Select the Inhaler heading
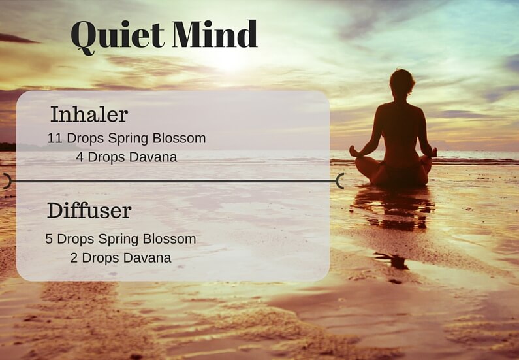point(89,114)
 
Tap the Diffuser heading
point(89,210)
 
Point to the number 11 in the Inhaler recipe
point(54,139)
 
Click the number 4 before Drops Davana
point(80,157)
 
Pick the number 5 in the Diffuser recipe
point(49,239)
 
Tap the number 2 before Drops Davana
point(74,257)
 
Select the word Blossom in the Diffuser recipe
point(171,239)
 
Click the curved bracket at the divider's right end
point(339,181)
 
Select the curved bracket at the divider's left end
point(6,181)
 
